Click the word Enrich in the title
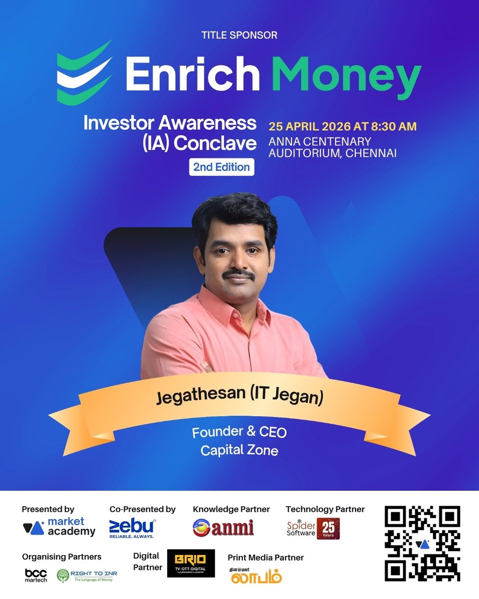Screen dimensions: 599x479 193,73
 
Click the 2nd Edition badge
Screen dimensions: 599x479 222,167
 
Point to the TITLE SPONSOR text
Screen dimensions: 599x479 239,35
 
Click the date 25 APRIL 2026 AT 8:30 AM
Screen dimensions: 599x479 342,126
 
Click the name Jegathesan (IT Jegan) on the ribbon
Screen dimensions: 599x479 239,397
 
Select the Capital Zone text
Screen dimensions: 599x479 239,450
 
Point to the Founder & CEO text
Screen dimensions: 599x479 239,432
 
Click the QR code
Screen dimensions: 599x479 422,543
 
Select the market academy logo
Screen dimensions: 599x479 59,528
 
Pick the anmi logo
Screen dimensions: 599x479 223,528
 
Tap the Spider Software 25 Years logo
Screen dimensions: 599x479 313,529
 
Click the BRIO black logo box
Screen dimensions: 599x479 191,564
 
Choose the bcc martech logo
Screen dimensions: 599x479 35,575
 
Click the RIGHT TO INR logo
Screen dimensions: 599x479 87,576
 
